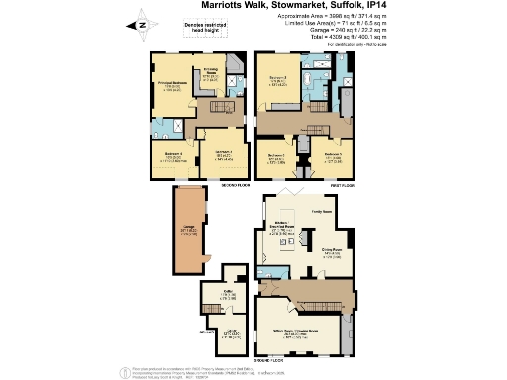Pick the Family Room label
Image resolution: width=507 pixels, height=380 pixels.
tap(323, 211)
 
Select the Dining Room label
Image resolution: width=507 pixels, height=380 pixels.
tap(332, 252)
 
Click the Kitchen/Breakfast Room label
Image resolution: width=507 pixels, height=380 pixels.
tap(281, 226)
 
